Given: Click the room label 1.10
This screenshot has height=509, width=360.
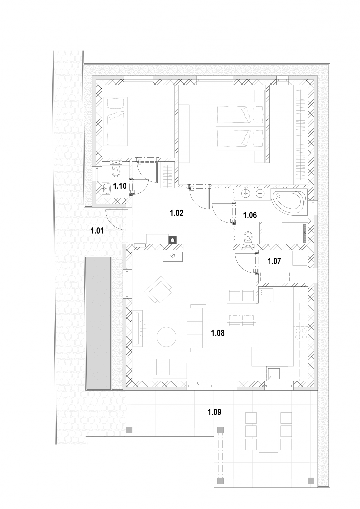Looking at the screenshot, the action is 120,186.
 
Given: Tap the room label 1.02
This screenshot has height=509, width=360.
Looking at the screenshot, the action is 176,213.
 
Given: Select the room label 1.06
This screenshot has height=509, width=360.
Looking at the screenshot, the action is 250,215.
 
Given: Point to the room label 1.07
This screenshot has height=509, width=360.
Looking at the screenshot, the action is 274,261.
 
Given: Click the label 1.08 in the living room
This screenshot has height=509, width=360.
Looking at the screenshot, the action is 218,333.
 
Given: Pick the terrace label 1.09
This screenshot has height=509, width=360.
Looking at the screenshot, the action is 214,412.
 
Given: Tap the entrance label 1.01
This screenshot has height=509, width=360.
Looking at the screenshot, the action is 97,231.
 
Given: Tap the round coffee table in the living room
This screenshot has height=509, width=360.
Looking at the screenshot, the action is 166,337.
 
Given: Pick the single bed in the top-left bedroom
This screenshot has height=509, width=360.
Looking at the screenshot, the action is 115,121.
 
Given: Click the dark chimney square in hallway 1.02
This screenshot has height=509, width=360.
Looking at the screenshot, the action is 173,240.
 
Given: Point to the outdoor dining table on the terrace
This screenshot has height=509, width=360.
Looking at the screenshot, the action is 269,431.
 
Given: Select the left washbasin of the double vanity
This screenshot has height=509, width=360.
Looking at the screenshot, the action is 246,193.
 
